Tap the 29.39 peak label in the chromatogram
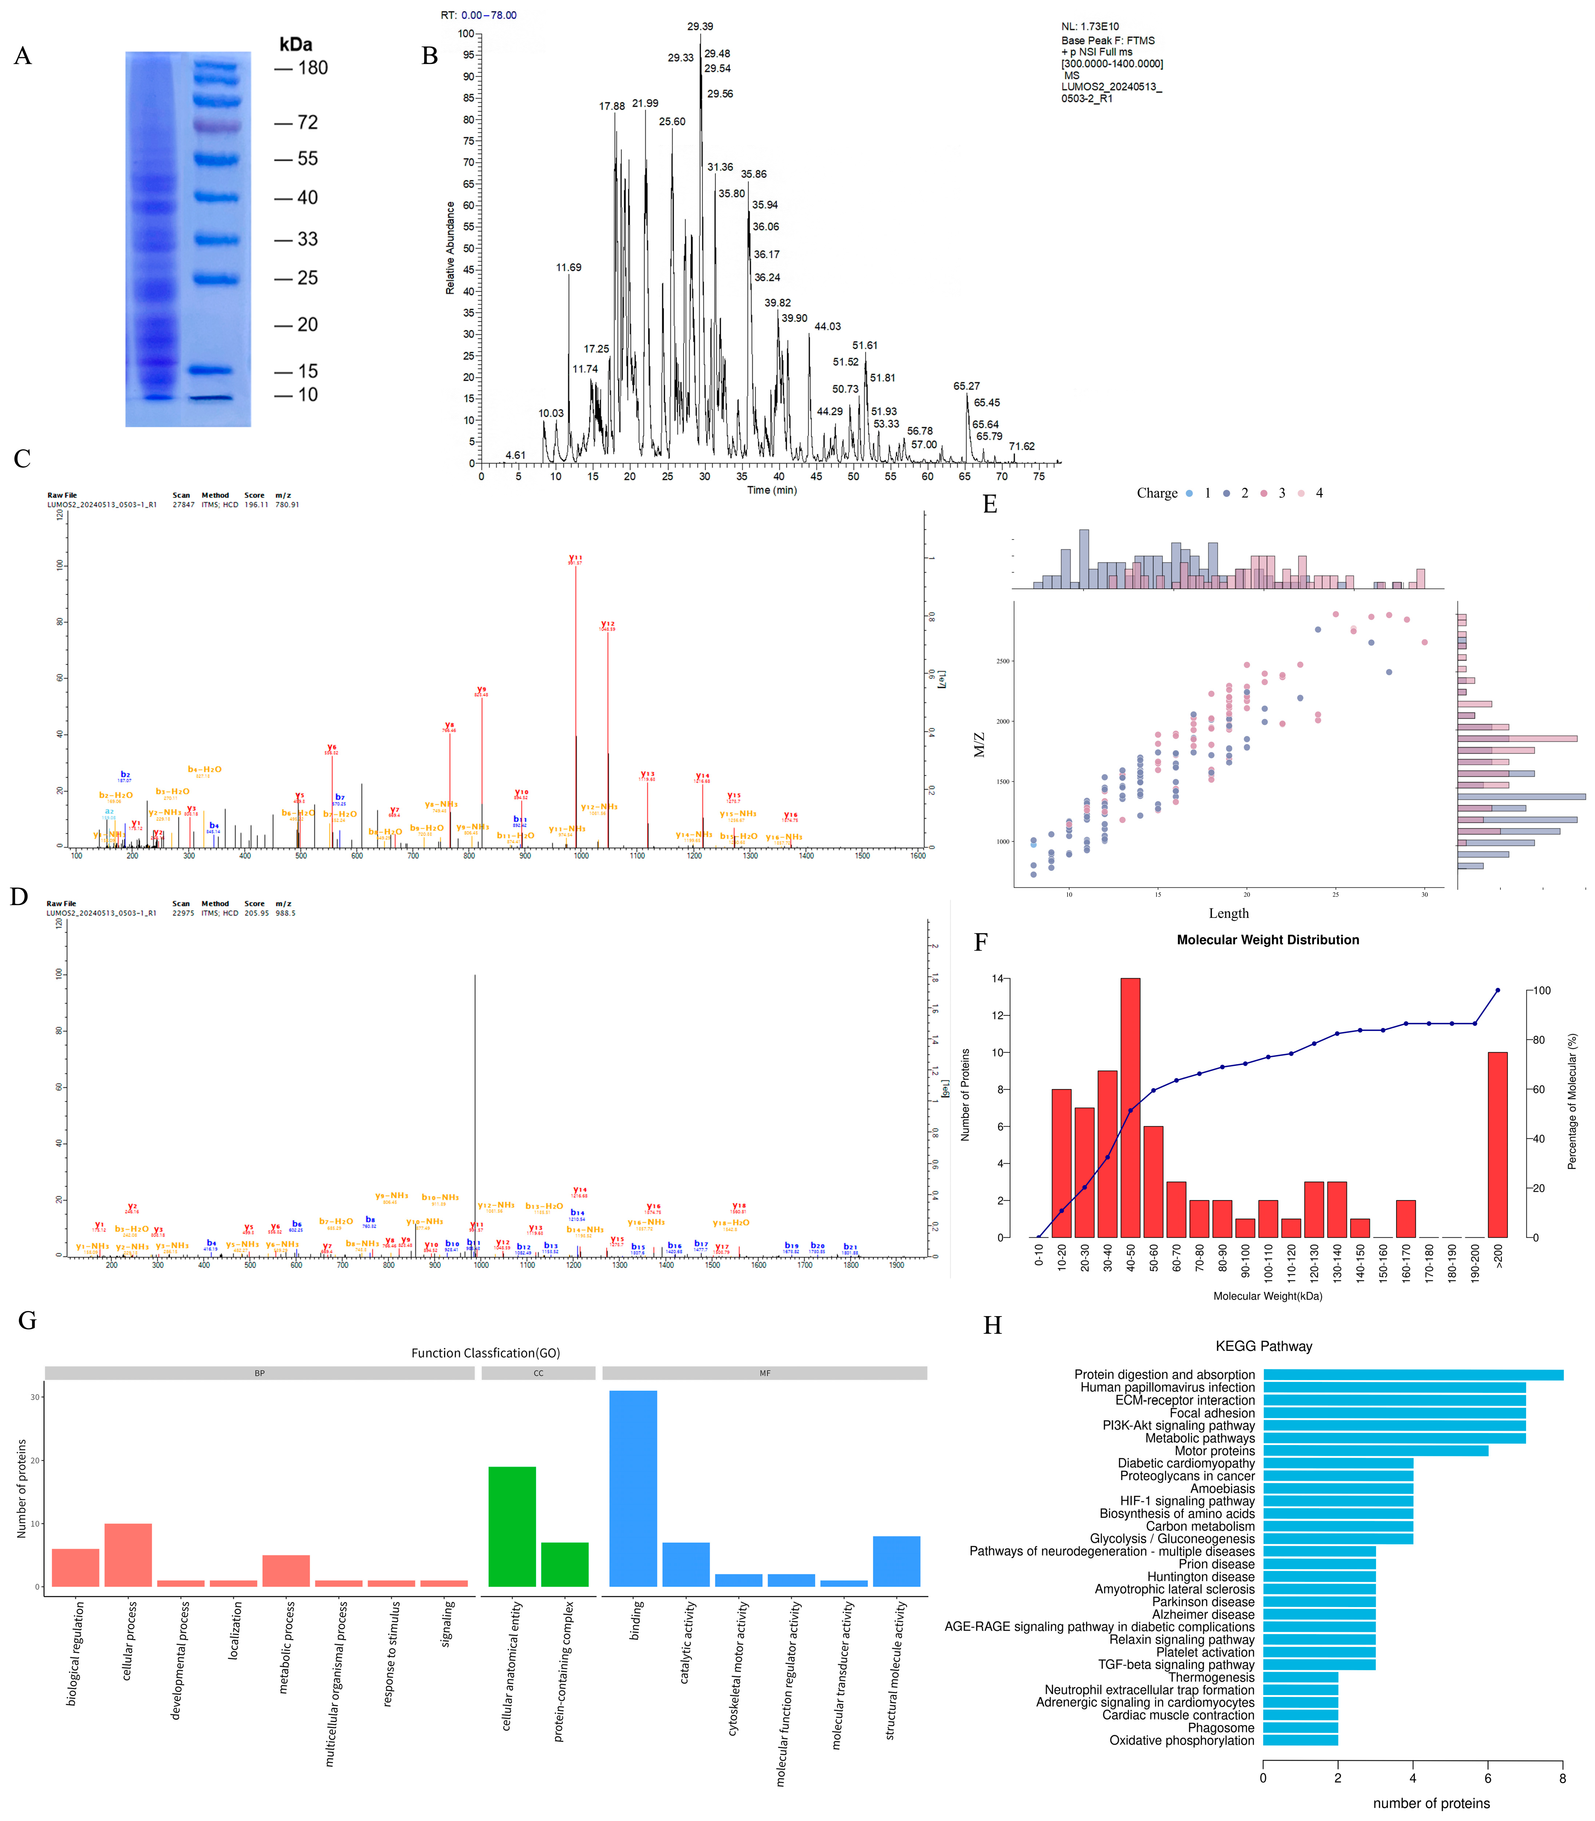pos(700,27)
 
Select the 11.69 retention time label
pos(569,267)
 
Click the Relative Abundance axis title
pos(450,247)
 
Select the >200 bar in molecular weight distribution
pos(1498,1145)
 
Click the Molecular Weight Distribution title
pos(1267,940)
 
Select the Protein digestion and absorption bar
pos(1413,1375)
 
